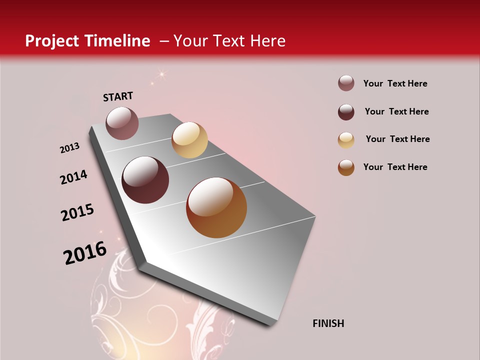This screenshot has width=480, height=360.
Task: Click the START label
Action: [118, 96]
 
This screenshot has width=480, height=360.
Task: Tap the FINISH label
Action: [328, 323]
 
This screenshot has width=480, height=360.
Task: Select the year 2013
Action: [69, 148]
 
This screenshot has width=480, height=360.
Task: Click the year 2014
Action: [73, 177]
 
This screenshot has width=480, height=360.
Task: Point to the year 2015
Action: [77, 212]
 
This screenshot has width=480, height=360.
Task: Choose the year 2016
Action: [85, 253]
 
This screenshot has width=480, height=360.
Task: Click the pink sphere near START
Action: [122, 123]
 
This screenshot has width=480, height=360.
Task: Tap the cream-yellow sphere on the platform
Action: [189, 140]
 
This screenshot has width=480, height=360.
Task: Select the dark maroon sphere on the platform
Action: [145, 180]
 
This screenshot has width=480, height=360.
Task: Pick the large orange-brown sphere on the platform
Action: [216, 207]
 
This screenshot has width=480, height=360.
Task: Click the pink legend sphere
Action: [346, 83]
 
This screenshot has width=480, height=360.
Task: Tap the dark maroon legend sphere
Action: [346, 112]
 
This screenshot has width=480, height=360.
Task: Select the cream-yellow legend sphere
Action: [346, 140]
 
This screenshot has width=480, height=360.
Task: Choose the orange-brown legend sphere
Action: [346, 167]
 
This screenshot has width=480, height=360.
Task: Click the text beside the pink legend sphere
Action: [395, 83]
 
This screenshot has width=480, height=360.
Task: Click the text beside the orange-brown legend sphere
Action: [395, 167]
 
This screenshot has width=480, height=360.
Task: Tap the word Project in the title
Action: [51, 41]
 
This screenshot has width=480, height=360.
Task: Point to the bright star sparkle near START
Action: [161, 74]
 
